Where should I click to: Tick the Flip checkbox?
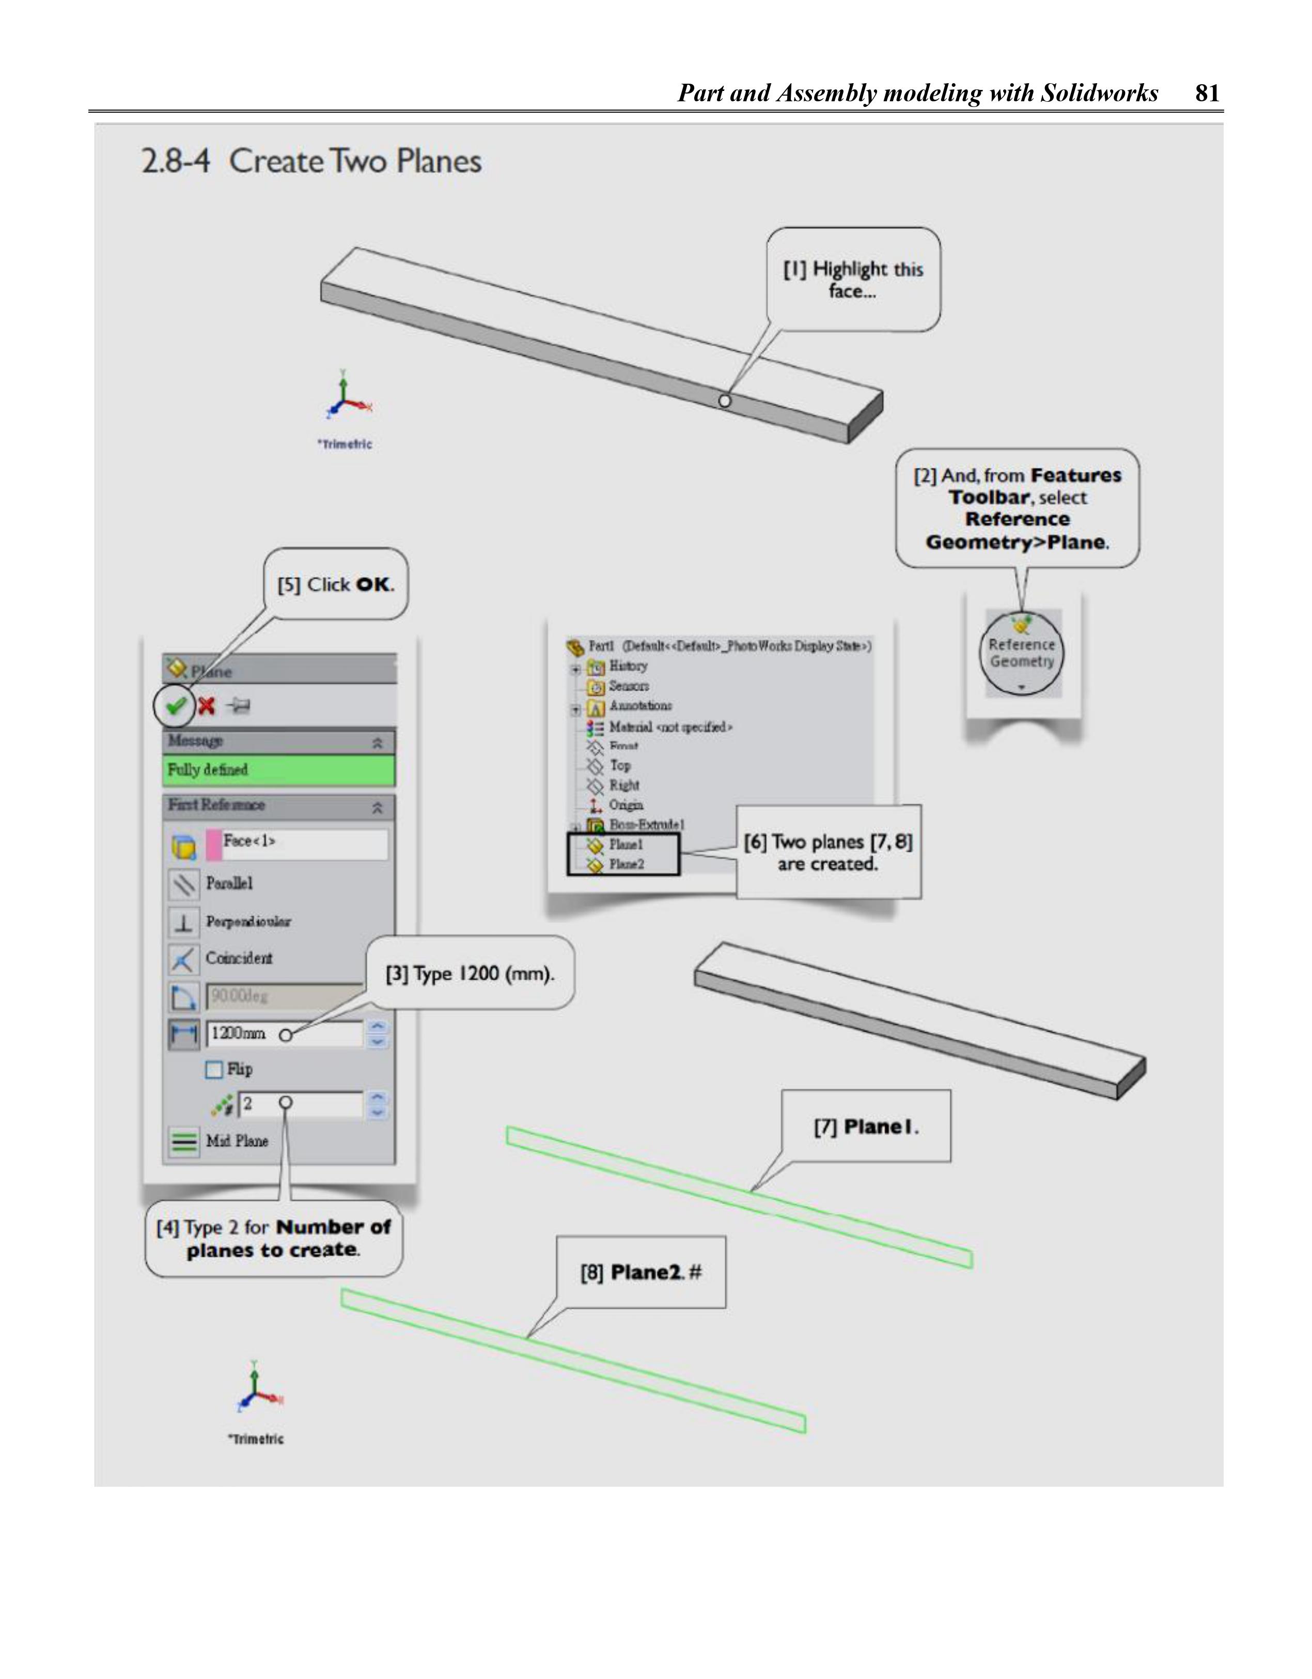tap(214, 1069)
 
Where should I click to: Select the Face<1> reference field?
tap(304, 842)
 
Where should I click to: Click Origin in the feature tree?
tap(626, 805)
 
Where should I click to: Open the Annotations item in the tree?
tap(639, 706)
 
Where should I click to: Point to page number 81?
tap(1207, 93)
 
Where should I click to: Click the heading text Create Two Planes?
tap(355, 161)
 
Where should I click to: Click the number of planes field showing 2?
tap(300, 1104)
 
